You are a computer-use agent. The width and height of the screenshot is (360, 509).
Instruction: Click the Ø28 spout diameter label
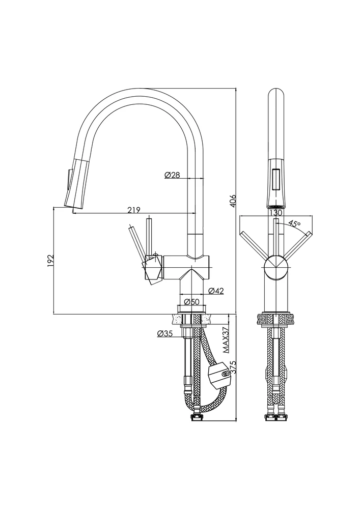(x=172, y=175)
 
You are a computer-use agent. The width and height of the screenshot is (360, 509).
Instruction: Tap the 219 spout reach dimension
(x=133, y=210)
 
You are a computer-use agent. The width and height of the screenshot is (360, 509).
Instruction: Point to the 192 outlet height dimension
(x=50, y=260)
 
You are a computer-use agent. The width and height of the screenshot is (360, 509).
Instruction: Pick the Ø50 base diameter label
(x=191, y=302)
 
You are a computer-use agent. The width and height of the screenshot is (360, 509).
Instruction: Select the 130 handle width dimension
(x=275, y=213)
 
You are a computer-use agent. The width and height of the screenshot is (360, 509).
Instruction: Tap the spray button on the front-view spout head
(x=276, y=179)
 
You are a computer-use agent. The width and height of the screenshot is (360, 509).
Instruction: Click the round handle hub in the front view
(x=275, y=267)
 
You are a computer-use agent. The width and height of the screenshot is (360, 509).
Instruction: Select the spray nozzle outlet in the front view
(x=276, y=207)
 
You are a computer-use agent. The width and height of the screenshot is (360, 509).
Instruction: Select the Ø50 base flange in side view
(x=191, y=309)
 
